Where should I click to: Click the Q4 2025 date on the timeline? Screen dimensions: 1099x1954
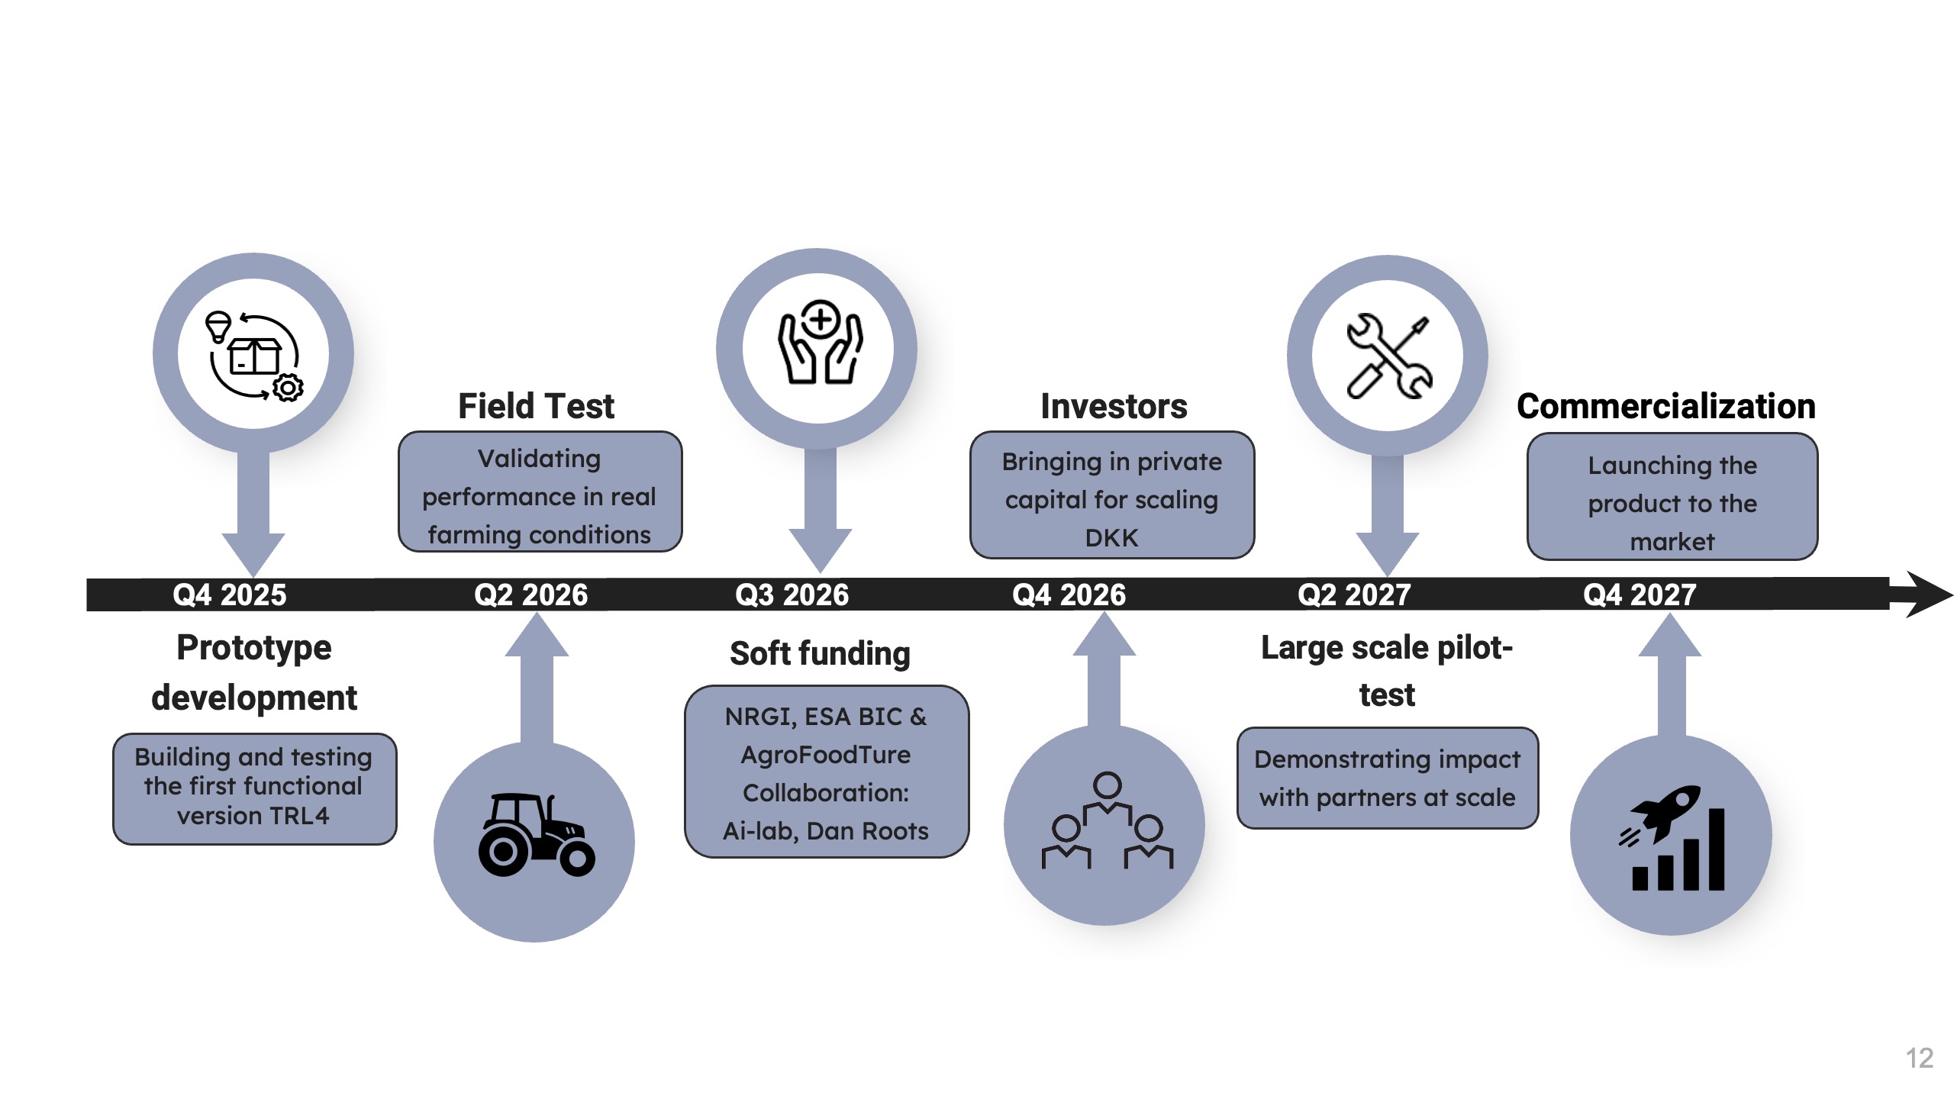click(230, 595)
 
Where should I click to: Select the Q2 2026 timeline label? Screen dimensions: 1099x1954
click(530, 595)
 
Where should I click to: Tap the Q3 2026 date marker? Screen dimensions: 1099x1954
click(792, 595)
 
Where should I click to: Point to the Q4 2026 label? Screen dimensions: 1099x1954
click(1069, 595)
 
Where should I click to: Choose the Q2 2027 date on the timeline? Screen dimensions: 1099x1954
click(1354, 595)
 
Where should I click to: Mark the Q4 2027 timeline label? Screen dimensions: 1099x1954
click(1640, 595)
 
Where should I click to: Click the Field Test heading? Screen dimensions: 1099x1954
click(536, 406)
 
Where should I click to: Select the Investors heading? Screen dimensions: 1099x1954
click(1114, 406)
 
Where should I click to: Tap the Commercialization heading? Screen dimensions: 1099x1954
click(1665, 406)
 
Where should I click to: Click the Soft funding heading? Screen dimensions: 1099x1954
click(820, 653)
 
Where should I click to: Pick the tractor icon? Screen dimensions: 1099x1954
click(536, 836)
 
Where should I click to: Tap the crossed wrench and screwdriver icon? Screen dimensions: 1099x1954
click(1388, 356)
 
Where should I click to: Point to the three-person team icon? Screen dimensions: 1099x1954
click(1107, 823)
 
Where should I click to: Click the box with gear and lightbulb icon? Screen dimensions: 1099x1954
click(253, 356)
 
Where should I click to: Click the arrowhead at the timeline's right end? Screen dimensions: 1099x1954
click(1927, 594)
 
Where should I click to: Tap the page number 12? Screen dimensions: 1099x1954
click(1919, 1059)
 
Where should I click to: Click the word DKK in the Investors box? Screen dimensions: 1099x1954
click(1111, 538)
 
